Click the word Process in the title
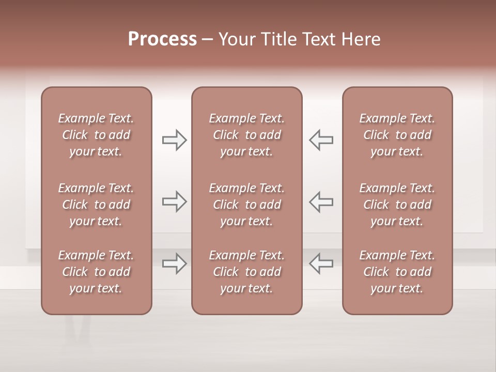(162, 39)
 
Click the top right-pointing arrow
(174, 140)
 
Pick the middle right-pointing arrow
(174, 202)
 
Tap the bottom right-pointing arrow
(174, 263)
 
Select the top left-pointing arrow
(321, 140)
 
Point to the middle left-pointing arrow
(321, 202)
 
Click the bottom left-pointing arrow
(321, 263)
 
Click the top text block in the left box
(96, 135)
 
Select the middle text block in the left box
(96, 205)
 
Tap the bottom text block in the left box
(96, 272)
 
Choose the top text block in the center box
(246, 135)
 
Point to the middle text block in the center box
(246, 205)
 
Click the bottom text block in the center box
(246, 272)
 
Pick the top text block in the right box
(397, 135)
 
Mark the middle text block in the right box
(397, 205)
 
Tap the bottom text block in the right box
(397, 272)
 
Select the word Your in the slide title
(236, 39)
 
